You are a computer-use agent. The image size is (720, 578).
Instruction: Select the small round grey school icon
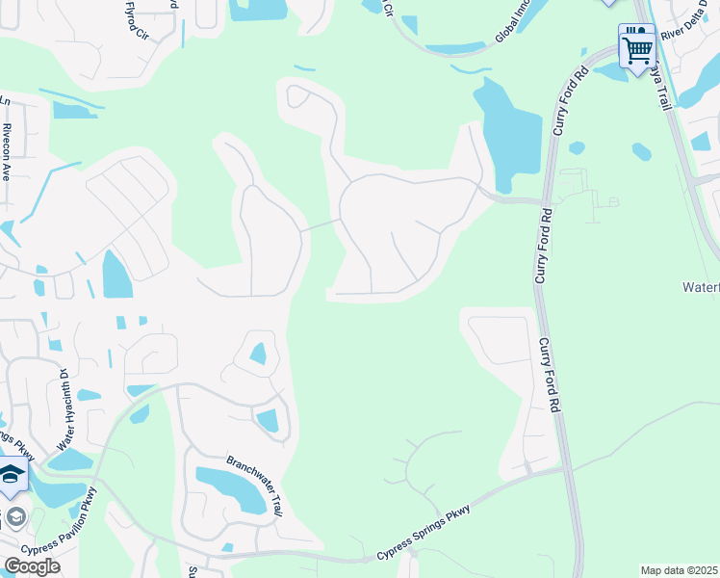[14, 516]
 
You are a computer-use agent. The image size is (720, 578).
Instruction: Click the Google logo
[32, 566]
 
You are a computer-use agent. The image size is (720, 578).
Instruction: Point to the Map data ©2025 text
[680, 570]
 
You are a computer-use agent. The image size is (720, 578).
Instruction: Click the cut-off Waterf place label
[701, 287]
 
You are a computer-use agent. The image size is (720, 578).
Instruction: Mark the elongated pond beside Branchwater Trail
[232, 488]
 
